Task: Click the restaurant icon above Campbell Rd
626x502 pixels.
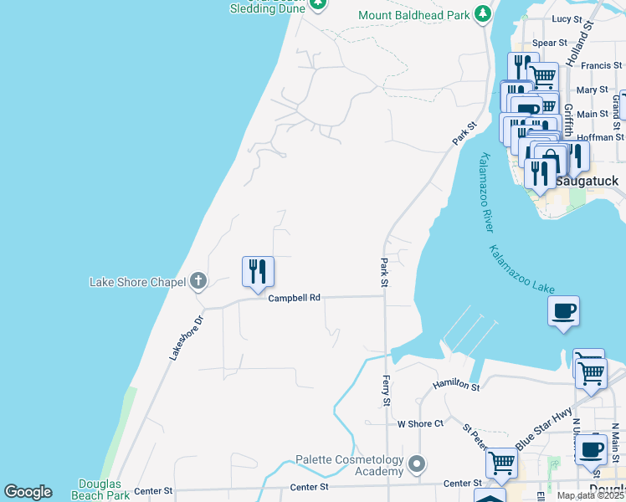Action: [x=258, y=271]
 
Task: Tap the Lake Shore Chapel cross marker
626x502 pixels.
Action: [x=198, y=281]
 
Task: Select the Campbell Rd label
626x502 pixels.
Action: [x=294, y=297]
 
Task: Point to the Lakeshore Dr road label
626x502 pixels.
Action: [x=186, y=338]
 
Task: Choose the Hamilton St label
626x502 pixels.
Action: [x=456, y=385]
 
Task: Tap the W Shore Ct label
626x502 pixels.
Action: [x=420, y=424]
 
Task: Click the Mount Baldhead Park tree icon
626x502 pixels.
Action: [x=482, y=14]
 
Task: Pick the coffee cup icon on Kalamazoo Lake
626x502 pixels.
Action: [x=562, y=311]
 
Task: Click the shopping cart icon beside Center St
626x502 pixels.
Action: [x=501, y=461]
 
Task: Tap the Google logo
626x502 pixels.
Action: [x=28, y=492]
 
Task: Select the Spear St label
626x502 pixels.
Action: [x=550, y=43]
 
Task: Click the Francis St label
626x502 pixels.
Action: [x=602, y=65]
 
